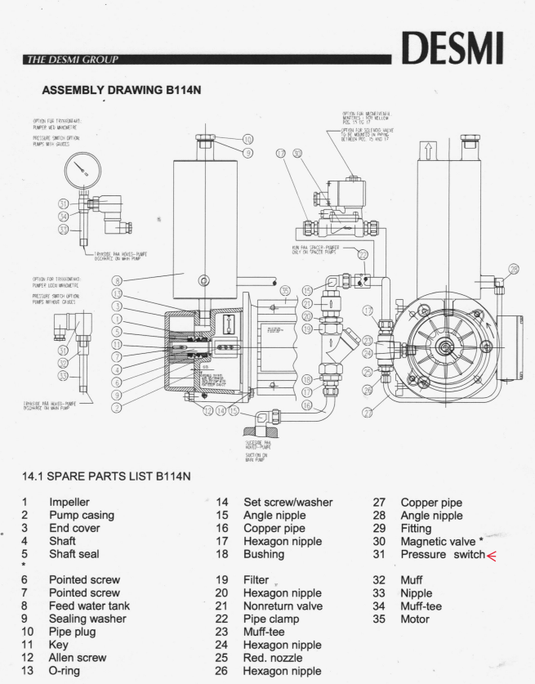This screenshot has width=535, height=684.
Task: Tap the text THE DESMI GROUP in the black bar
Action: pyautogui.click(x=73, y=60)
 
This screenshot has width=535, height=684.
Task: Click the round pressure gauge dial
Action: pyautogui.click(x=82, y=172)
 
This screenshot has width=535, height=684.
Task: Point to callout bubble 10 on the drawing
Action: pyautogui.click(x=248, y=140)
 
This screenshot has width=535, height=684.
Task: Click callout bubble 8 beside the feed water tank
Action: pyautogui.click(x=117, y=280)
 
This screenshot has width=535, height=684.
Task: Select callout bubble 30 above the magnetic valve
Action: pyautogui.click(x=297, y=153)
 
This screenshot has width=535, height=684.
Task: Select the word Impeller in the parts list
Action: pyautogui.click(x=69, y=502)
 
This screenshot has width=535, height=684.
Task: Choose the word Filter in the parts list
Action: pyautogui.click(x=256, y=580)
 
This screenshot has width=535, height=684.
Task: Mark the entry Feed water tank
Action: pyautogui.click(x=89, y=606)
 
